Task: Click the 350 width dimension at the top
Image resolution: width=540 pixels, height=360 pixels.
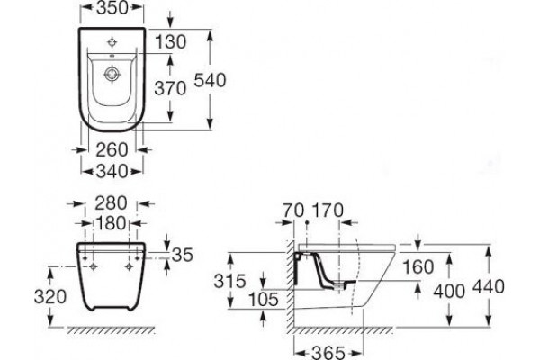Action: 112,8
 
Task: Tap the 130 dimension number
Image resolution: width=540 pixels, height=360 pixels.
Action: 170,42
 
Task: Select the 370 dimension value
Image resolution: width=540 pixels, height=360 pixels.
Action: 170,88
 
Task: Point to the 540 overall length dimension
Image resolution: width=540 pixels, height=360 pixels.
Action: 210,80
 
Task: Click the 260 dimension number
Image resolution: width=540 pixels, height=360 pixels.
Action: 112,150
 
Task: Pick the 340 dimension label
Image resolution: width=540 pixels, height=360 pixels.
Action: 112,171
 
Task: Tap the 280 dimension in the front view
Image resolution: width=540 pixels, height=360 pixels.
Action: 111,203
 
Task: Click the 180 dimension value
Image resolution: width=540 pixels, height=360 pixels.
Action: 111,223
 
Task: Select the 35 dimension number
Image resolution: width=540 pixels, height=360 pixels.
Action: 182,255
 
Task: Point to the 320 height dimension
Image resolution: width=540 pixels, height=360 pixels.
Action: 50,297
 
